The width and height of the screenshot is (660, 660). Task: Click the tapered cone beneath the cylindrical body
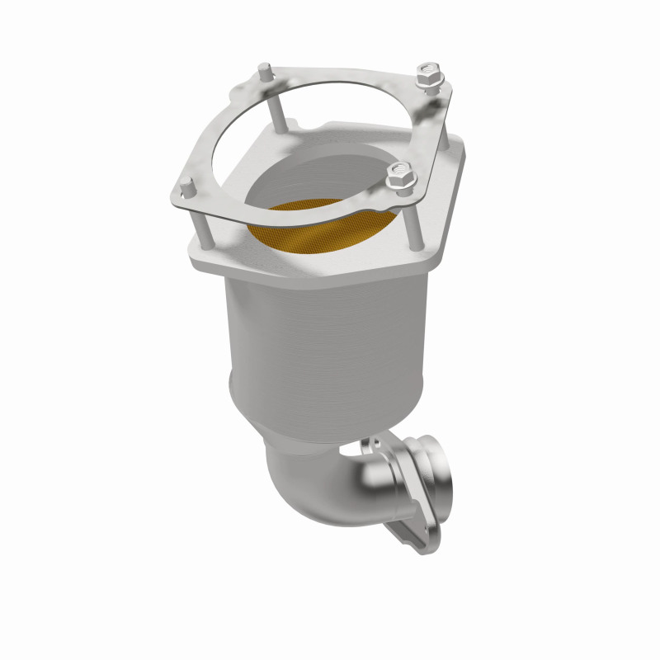coord(330,421)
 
